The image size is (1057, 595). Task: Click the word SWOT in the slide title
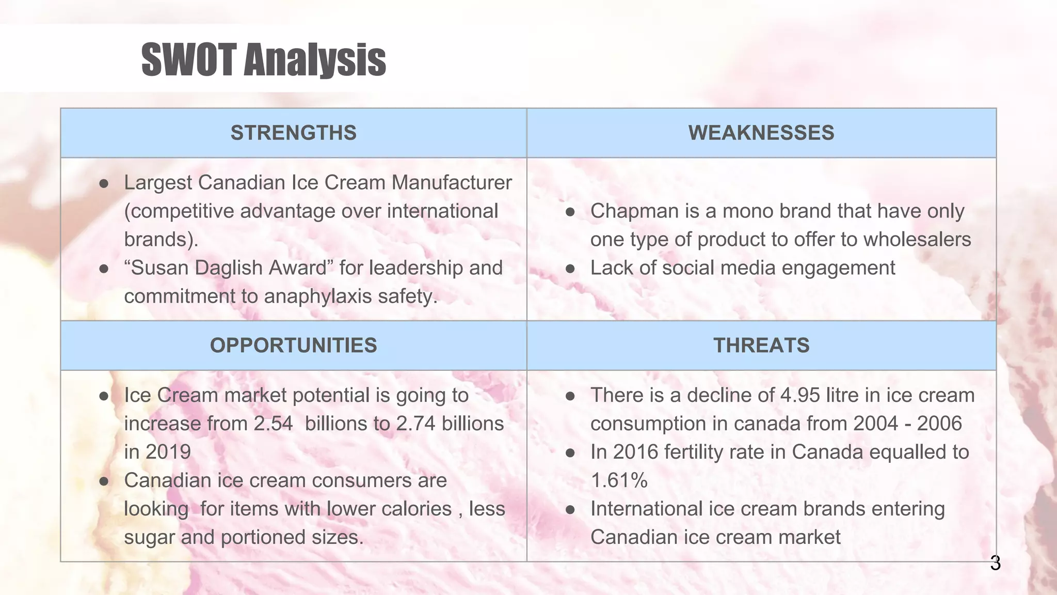[189, 60]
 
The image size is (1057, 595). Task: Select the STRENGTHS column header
[293, 133]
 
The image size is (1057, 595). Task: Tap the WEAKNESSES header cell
[761, 133]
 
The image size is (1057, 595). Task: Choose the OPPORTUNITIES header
[293, 345]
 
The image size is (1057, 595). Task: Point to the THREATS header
[761, 345]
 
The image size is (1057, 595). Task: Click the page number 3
[995, 563]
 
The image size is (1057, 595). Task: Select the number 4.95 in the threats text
[800, 395]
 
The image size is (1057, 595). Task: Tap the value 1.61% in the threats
[619, 480]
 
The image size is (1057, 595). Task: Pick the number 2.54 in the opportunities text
[273, 424]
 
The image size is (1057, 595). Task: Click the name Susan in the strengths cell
[161, 268]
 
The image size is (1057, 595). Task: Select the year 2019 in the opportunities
[168, 452]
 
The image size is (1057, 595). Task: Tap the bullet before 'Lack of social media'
[570, 269]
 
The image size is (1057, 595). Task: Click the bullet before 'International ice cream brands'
[570, 509]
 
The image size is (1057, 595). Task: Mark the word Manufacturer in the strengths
[452, 183]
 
